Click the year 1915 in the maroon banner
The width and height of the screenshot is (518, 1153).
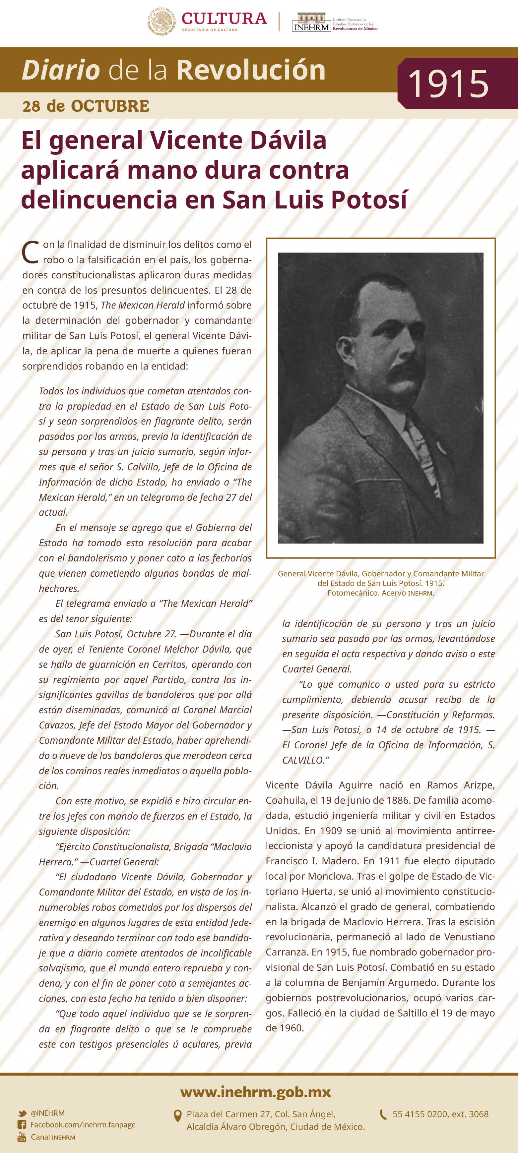tap(448, 84)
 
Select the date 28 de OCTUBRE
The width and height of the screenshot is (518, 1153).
tap(86, 106)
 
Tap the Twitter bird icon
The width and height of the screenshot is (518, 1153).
tap(22, 1113)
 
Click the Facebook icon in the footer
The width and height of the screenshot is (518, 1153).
tap(22, 1124)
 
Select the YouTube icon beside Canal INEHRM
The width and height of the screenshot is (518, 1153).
tap(22, 1137)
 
